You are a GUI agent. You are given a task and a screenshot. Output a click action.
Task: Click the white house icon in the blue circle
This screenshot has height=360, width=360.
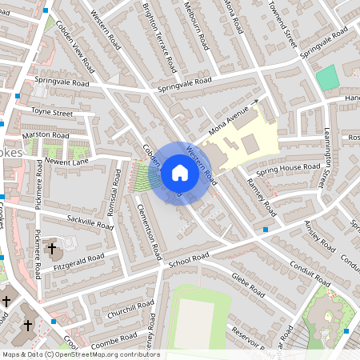179,173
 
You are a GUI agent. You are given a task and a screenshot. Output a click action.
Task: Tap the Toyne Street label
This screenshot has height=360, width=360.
53,114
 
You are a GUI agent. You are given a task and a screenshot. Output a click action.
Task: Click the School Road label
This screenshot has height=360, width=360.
188,258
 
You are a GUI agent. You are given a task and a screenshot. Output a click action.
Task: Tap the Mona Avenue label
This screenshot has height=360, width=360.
230,120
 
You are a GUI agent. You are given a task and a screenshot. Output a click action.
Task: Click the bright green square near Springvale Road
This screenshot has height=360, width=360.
326,78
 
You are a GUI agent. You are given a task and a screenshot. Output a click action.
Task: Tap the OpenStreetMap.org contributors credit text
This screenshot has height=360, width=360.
117,354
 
